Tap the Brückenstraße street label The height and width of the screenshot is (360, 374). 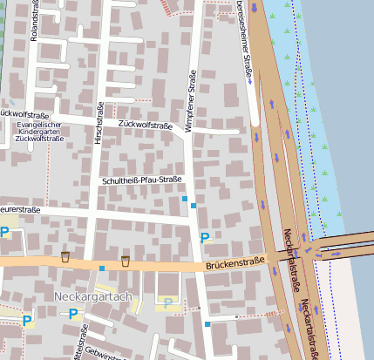click(x=235, y=262)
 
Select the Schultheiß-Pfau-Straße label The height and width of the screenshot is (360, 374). click(x=141, y=180)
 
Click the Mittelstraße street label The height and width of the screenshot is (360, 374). click(x=82, y=343)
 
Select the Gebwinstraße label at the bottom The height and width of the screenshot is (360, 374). click(x=98, y=354)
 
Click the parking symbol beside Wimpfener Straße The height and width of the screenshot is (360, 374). click(x=205, y=237)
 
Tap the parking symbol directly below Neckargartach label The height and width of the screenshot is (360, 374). click(x=72, y=314)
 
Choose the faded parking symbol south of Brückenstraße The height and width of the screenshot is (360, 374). click(x=168, y=302)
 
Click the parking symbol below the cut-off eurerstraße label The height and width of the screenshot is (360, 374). click(x=4, y=232)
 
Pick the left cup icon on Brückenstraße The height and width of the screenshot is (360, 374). click(x=65, y=256)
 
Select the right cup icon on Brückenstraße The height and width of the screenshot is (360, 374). click(x=126, y=261)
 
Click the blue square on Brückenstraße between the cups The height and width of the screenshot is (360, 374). click(x=102, y=268)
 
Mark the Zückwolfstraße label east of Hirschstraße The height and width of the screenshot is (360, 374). click(x=145, y=126)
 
